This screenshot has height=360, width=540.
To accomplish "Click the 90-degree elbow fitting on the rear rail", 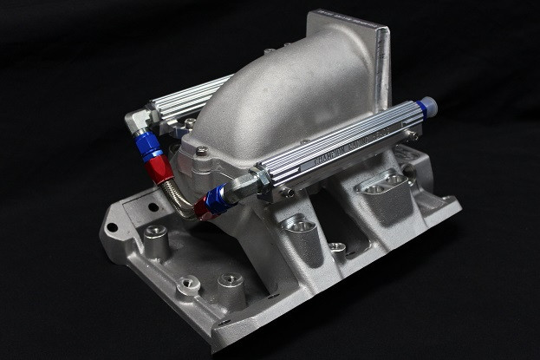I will tap(140, 122).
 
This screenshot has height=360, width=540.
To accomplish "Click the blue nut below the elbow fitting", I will tap(149, 142).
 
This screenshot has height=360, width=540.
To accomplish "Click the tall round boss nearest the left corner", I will tap(156, 234).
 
